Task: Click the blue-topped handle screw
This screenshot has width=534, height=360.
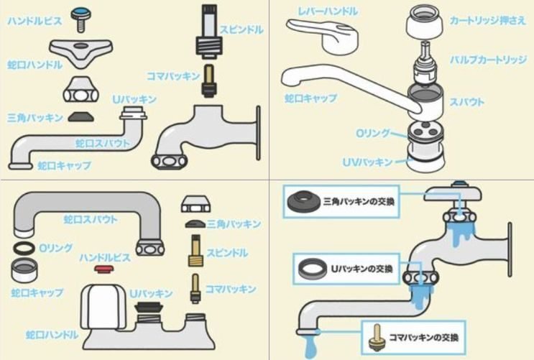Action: (x=80, y=17)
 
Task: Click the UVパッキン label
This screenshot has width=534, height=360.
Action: (x=367, y=162)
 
